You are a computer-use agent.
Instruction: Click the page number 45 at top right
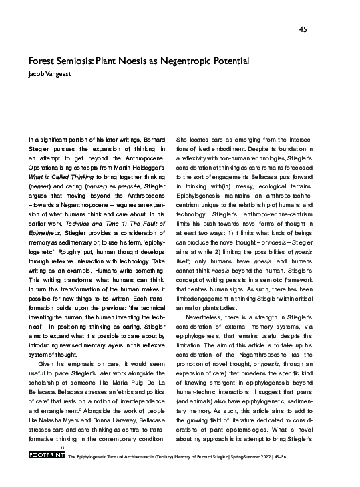click(303, 29)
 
